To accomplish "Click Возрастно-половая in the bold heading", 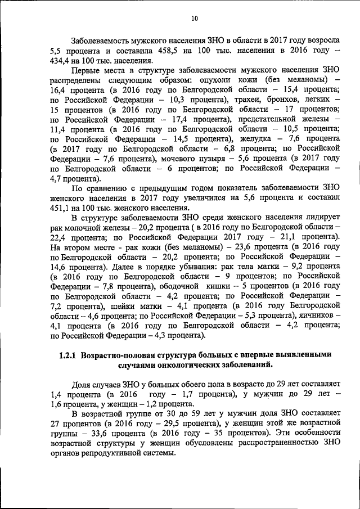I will coord(118,355).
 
